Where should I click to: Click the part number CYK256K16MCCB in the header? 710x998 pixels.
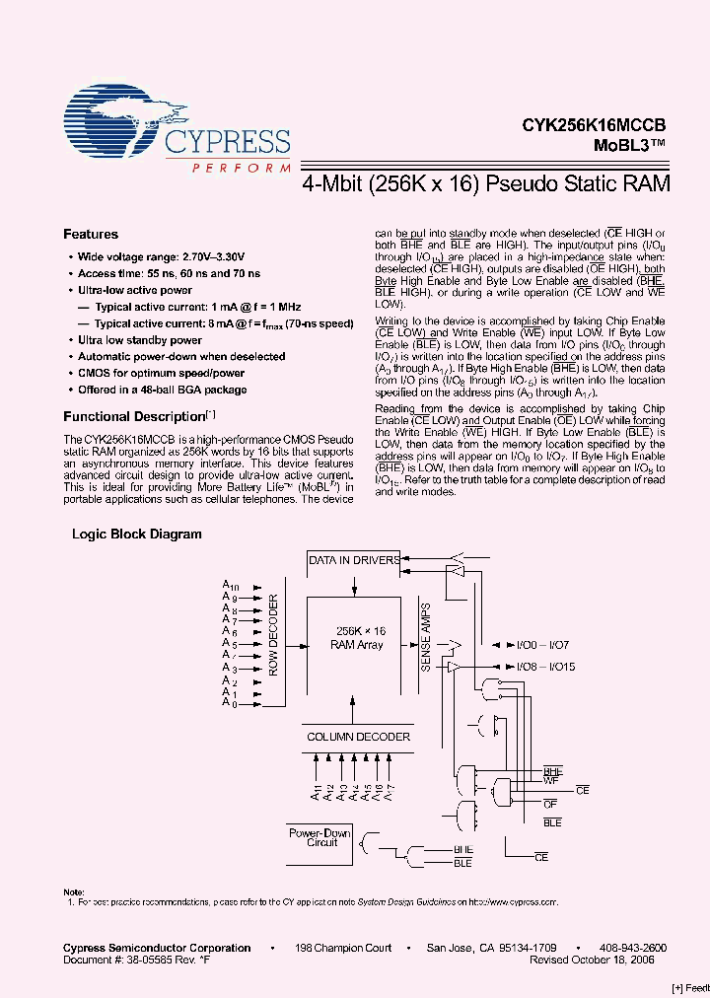pos(595,125)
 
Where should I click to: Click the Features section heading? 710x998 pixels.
pos(91,235)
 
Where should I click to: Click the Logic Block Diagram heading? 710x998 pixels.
pos(137,535)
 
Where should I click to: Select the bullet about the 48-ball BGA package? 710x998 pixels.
pos(163,390)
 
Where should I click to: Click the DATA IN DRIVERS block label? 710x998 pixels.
pos(354,560)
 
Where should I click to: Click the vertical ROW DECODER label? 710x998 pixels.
pos(274,637)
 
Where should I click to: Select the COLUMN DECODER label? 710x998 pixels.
pos(358,737)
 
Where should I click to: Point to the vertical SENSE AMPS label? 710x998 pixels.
pos(426,637)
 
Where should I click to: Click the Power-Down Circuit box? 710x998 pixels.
pos(319,838)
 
